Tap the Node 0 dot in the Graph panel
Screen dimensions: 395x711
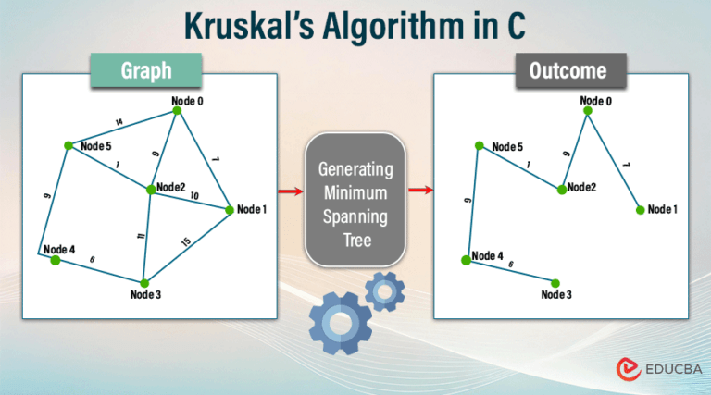pyautogui.click(x=177, y=111)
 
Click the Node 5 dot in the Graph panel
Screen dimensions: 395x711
pyautogui.click(x=68, y=145)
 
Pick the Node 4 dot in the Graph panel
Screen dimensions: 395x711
pyautogui.click(x=55, y=261)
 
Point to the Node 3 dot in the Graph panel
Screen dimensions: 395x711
pyautogui.click(x=143, y=283)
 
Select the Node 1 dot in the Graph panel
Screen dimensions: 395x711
pyautogui.click(x=230, y=211)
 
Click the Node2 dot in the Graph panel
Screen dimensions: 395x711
pyautogui.click(x=150, y=190)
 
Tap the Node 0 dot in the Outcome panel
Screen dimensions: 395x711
pyautogui.click(x=587, y=111)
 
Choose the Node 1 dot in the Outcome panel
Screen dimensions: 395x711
pyautogui.click(x=640, y=210)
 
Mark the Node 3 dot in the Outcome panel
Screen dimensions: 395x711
pyautogui.click(x=555, y=283)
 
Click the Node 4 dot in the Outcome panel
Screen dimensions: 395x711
pyautogui.click(x=466, y=261)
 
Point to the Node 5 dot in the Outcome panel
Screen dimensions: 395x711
pyautogui.click(x=479, y=145)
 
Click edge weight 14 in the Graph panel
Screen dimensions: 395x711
pyautogui.click(x=118, y=122)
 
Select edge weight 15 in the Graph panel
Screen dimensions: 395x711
pyautogui.click(x=186, y=242)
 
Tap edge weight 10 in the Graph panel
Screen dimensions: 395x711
pyautogui.click(x=194, y=196)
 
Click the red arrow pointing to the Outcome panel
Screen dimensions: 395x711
pyautogui.click(x=421, y=191)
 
